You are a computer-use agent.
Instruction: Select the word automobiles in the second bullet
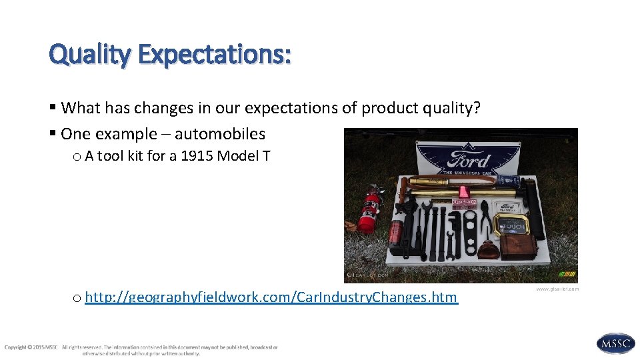[x=220, y=134]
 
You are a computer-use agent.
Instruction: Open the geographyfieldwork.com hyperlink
[x=271, y=297]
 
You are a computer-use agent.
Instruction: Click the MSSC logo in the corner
[x=615, y=343]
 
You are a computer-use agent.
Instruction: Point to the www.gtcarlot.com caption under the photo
[x=557, y=289]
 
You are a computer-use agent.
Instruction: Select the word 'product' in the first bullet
[x=387, y=108]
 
